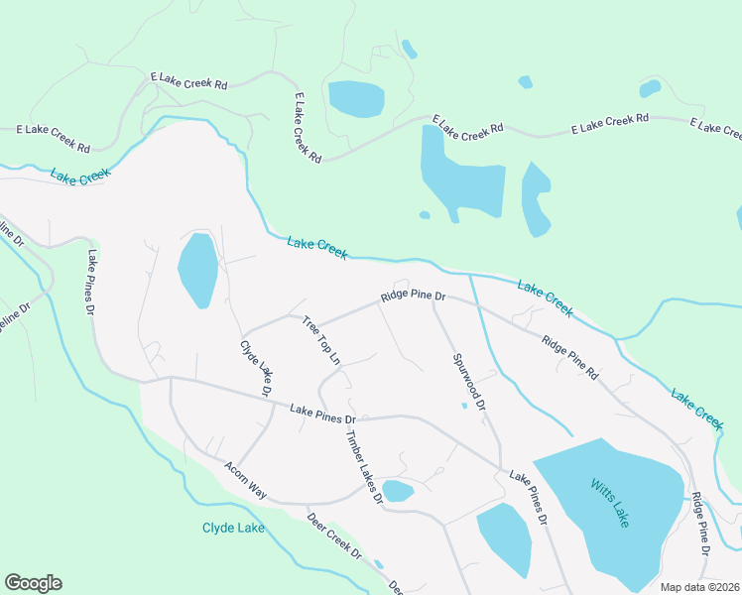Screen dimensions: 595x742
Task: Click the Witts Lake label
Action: (610, 503)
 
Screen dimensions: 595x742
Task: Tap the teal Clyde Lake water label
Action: (233, 528)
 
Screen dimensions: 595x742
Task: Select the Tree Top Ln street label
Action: (321, 340)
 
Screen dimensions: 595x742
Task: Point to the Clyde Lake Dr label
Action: (256, 368)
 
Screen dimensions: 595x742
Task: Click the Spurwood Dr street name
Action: (468, 382)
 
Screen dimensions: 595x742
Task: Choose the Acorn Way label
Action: (246, 479)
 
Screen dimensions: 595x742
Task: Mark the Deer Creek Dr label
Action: (334, 536)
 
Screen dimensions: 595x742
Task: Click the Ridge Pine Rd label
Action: (570, 358)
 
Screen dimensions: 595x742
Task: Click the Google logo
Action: (33, 583)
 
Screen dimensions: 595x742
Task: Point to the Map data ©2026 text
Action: (698, 587)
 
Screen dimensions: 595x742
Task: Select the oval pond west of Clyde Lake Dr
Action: (197, 270)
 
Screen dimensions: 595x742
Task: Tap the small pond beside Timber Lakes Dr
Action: (398, 491)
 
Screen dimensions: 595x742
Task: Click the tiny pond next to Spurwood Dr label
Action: (464, 405)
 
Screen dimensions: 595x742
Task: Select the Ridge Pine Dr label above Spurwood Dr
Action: (414, 297)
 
